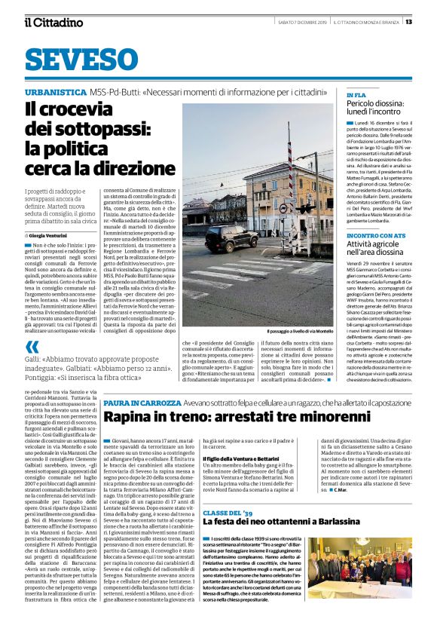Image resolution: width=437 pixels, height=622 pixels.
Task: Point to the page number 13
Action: pyautogui.click(x=429, y=21)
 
